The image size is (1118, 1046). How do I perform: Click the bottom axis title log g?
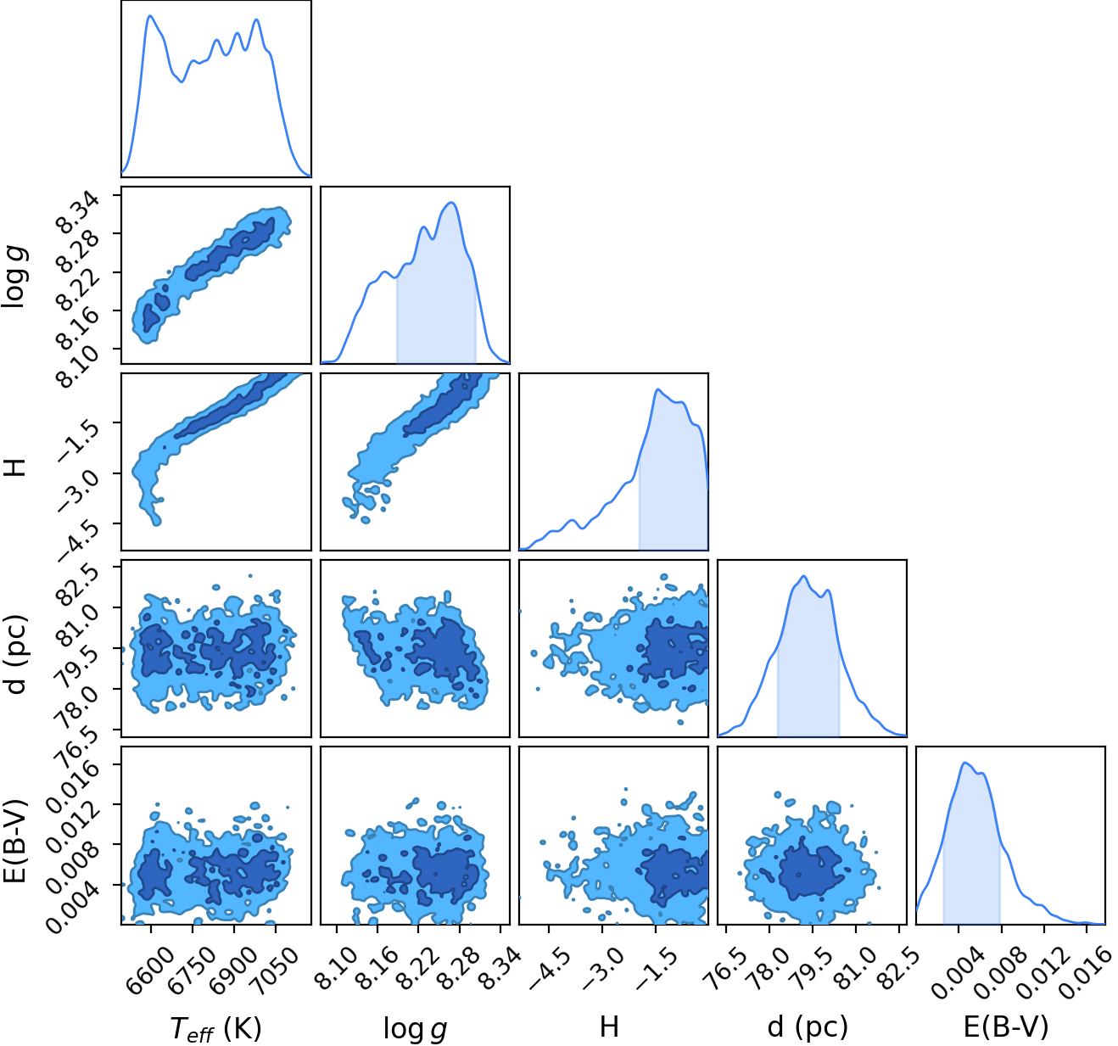(415, 1028)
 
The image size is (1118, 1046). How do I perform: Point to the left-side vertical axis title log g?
(14, 277)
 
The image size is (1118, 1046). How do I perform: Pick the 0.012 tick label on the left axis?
(73, 822)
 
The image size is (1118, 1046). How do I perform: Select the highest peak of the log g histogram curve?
(451, 202)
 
